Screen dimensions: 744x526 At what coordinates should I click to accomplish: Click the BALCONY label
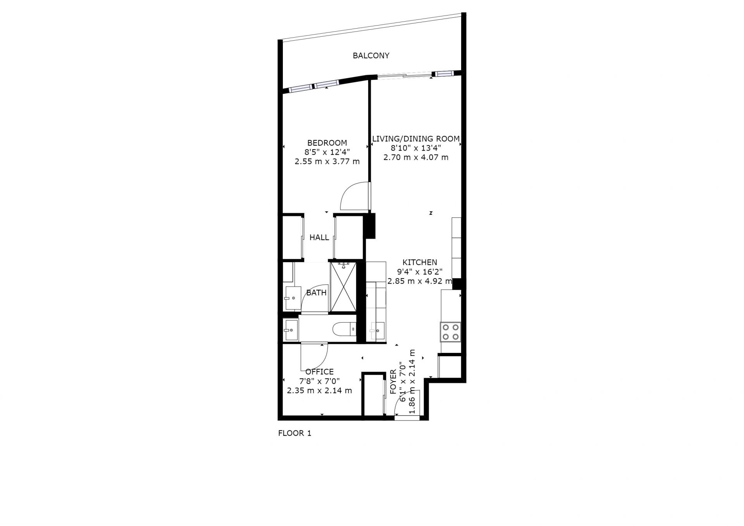[x=371, y=56]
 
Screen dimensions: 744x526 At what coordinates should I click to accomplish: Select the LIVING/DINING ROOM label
[x=416, y=139]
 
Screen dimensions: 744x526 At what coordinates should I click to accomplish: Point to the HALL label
[x=319, y=237]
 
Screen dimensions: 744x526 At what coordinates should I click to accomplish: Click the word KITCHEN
[x=420, y=263]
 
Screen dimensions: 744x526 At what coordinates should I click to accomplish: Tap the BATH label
[x=316, y=293]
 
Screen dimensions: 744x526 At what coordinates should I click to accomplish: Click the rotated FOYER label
[x=393, y=382]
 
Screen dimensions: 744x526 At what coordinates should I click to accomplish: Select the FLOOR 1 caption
[x=294, y=433]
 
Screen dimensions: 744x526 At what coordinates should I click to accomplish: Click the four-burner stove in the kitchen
[x=451, y=332]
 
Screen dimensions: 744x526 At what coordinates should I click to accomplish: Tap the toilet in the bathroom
[x=345, y=329]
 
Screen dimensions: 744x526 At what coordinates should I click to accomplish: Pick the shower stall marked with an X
[x=343, y=287]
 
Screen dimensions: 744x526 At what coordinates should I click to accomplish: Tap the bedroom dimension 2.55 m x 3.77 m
[x=327, y=162]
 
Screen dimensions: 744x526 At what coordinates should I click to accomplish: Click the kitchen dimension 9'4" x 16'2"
[x=420, y=272]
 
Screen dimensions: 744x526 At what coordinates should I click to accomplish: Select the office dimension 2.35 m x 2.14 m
[x=319, y=391]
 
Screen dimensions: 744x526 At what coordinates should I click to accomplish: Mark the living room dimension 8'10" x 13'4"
[x=416, y=148]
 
